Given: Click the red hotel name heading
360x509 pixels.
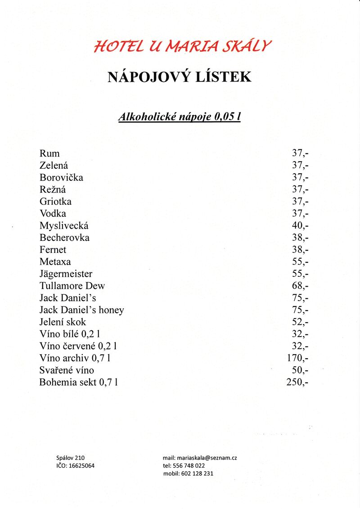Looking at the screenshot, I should click(183, 46).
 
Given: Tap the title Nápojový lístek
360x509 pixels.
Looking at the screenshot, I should click(179, 77).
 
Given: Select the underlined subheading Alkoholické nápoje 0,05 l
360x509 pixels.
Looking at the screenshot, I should click(179, 117).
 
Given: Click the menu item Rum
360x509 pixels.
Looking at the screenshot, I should click(49, 153).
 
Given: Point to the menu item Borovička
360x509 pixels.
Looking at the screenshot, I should click(61, 177).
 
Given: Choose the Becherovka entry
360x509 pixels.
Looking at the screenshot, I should click(64, 238).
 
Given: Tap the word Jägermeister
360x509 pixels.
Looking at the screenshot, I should click(66, 274).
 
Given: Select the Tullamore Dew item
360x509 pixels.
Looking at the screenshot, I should click(72, 286).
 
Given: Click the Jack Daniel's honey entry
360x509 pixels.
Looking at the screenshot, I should click(81, 310).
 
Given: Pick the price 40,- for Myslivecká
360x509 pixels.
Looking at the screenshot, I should click(300, 225).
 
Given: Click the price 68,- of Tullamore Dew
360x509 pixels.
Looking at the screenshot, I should click(300, 286).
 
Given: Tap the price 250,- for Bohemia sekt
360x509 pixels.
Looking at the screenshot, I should click(297, 383).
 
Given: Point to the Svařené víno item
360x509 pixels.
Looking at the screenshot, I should click(67, 370).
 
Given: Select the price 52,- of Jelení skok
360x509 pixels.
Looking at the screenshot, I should click(300, 322).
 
